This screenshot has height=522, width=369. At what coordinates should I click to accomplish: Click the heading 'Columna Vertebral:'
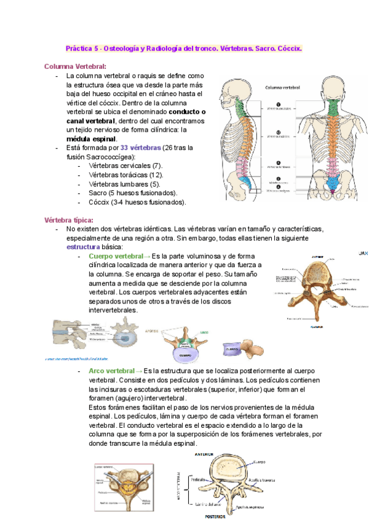click(x=75, y=66)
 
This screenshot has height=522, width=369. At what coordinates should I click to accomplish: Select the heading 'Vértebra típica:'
click(x=69, y=220)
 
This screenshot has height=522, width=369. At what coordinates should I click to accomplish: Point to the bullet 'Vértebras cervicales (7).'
click(x=125, y=166)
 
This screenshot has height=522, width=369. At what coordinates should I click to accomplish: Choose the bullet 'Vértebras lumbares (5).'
click(x=124, y=184)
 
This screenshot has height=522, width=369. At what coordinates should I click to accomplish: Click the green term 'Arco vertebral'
click(x=111, y=371)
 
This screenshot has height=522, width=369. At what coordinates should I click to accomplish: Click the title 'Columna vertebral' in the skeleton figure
click(x=282, y=87)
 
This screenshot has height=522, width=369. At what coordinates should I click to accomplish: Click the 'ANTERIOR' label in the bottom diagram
click(x=204, y=454)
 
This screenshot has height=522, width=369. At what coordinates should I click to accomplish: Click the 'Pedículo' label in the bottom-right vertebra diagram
click(x=198, y=478)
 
